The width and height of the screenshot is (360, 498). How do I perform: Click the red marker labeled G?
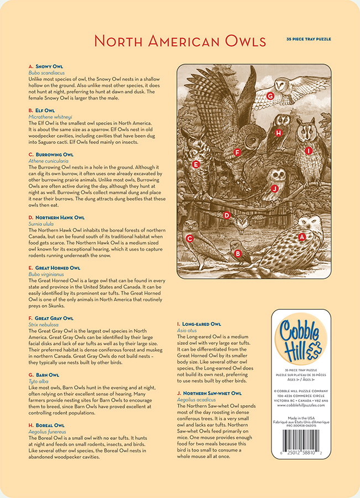point(270,96)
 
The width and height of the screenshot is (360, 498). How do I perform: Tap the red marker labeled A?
point(302,236)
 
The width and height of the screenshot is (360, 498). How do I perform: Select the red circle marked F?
point(237,152)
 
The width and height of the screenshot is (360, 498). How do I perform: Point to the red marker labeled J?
point(274,188)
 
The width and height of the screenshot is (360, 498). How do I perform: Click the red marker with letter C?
point(190,238)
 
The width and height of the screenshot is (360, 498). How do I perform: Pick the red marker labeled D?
point(226,215)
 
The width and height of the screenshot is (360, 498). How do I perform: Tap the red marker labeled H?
point(279,132)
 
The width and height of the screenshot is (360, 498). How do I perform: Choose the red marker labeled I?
point(309,150)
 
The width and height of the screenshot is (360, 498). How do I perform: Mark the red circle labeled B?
point(238,253)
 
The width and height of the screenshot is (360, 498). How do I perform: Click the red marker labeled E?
point(195,164)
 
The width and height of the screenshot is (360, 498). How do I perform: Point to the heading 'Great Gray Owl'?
point(54,318)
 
